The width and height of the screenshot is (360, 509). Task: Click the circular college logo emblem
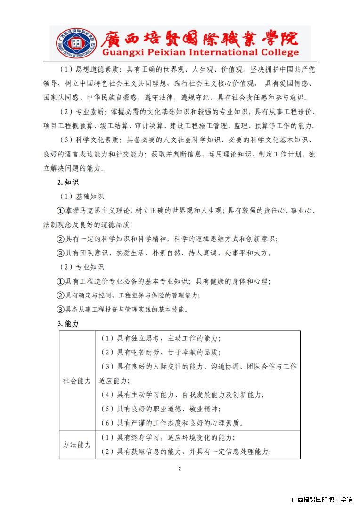coord(72,43)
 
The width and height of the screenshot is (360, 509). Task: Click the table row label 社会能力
coord(77,380)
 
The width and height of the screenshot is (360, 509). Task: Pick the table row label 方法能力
coord(77,444)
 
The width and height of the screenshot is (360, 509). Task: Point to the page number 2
coord(180,468)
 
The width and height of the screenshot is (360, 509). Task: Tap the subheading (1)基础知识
coord(82,197)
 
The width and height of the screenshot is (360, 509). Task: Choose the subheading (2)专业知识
coord(82,267)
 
